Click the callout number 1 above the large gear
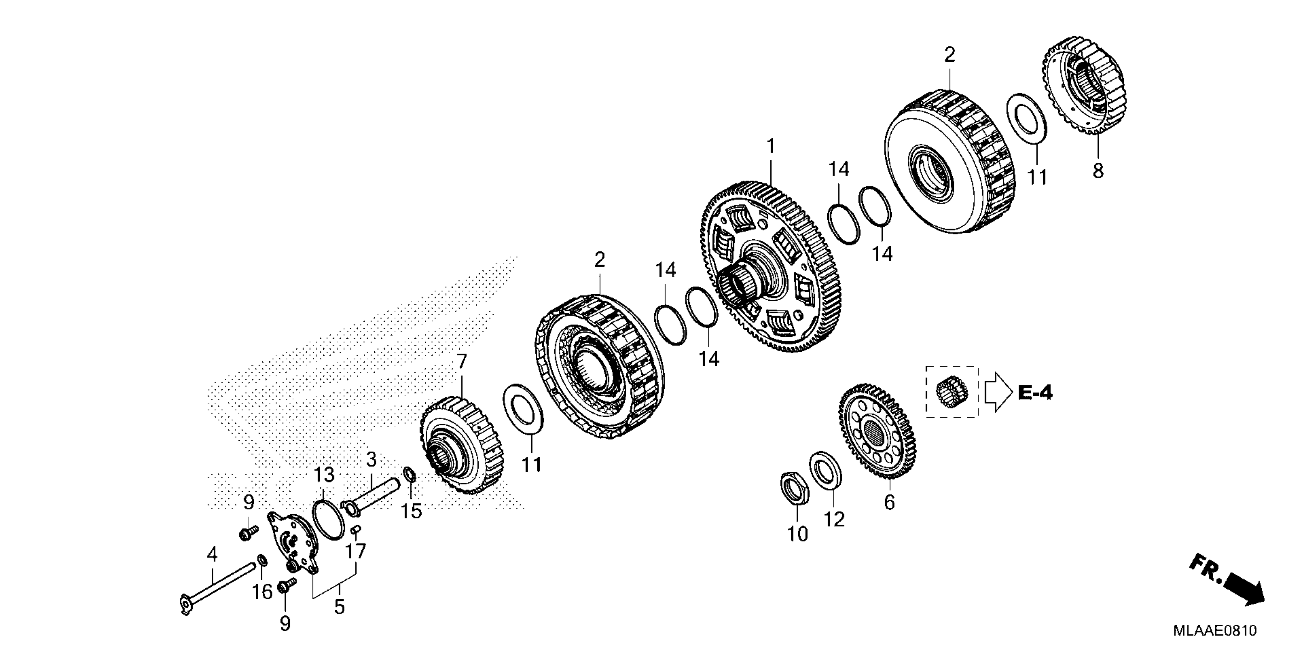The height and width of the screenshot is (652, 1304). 771,147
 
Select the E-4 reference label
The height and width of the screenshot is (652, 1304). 1035,393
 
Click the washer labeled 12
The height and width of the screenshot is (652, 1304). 826,470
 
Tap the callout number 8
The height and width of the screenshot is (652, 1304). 1097,171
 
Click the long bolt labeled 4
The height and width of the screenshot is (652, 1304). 218,588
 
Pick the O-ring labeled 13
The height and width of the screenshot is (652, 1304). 328,519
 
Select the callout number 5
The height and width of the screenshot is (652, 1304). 339,606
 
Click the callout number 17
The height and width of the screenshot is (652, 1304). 356,551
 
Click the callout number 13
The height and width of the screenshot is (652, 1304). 324,475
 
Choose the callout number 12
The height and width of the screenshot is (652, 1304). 834,519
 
